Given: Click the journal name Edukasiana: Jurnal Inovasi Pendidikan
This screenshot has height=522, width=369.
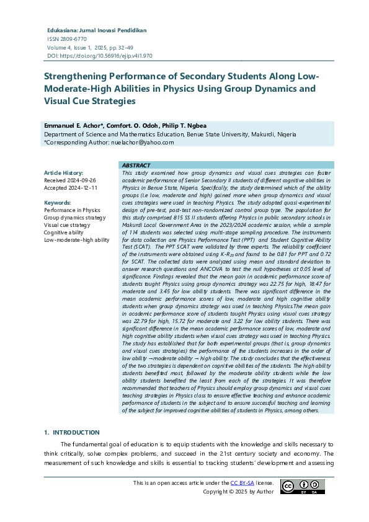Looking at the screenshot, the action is [97, 30].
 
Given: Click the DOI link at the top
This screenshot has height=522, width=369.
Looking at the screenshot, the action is [108, 55].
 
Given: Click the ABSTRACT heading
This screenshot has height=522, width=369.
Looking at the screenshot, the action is [136, 166].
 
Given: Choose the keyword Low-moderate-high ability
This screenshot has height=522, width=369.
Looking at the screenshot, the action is [76, 240].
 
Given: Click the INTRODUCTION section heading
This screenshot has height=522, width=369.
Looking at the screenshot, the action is [76, 432].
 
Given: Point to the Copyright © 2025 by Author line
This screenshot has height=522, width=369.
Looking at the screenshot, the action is [238, 492].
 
